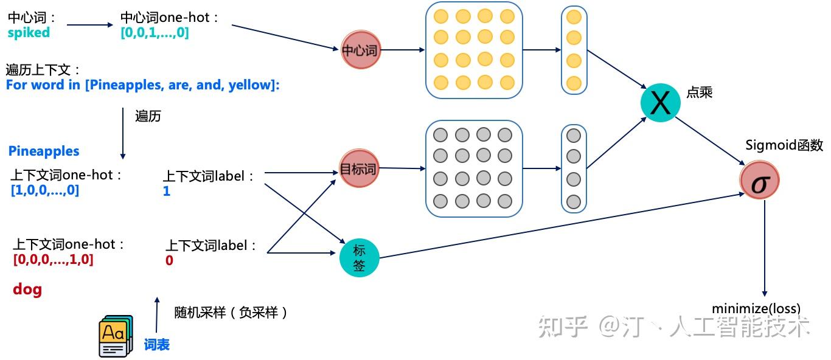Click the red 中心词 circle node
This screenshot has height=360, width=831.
[360, 50]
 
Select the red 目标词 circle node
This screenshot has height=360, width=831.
[359, 169]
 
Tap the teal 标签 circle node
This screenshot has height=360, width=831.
[359, 257]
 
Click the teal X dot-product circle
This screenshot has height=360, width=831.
[660, 102]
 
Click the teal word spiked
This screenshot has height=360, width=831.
[29, 33]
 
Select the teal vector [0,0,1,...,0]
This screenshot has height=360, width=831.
[155, 33]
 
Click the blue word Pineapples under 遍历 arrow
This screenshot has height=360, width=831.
[44, 151]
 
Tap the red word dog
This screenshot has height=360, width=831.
[27, 289]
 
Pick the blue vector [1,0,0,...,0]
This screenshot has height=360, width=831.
[45, 190]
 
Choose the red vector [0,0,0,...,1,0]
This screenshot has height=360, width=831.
[54, 260]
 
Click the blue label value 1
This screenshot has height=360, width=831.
[167, 192]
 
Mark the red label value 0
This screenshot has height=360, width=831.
[169, 260]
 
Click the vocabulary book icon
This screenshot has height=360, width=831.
[116, 336]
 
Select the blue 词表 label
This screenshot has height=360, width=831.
[156, 345]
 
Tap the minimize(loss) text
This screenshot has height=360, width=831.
[756, 308]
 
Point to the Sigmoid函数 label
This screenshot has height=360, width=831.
[784, 145]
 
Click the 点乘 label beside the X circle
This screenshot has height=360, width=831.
[699, 92]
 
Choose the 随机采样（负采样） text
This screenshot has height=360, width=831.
[231, 312]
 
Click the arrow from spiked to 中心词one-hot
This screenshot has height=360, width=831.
[89, 25]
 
